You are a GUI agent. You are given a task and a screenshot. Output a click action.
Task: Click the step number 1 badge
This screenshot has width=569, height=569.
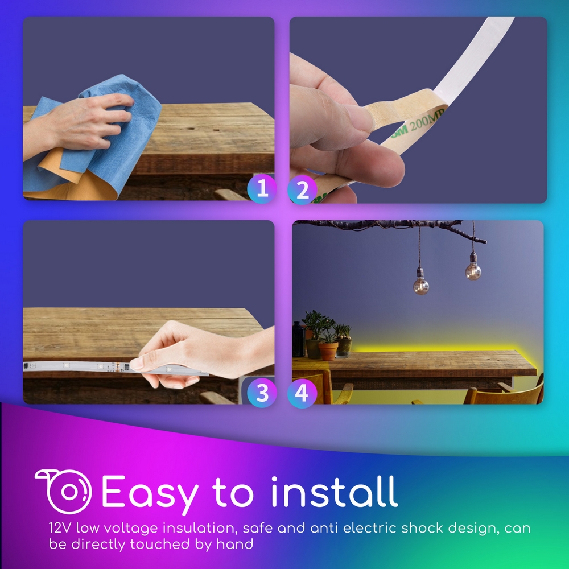pyautogui.click(x=262, y=189)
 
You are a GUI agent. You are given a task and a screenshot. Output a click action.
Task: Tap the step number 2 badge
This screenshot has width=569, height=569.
pyautogui.click(x=302, y=190)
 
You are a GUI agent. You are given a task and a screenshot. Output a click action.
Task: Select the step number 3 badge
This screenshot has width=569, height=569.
pyautogui.click(x=262, y=393)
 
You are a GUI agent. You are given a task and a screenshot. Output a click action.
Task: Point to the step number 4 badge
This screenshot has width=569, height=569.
pyautogui.click(x=302, y=393)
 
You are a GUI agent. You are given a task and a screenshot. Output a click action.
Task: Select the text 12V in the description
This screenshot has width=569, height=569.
pyautogui.click(x=60, y=528)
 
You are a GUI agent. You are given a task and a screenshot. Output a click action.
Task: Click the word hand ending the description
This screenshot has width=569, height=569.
pyautogui.click(x=235, y=544)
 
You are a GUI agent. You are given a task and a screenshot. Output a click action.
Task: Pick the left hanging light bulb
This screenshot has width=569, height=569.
pyautogui.click(x=421, y=285)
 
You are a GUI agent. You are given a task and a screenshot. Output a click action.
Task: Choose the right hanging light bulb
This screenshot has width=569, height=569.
pyautogui.click(x=473, y=270)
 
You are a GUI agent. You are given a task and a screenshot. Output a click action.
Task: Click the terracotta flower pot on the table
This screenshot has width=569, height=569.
pyautogui.click(x=328, y=351)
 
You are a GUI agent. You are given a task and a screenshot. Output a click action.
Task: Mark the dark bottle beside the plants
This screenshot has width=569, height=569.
pyautogui.click(x=298, y=339)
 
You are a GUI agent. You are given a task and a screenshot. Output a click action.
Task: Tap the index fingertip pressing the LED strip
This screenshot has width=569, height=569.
pyautogui.click(x=135, y=364)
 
